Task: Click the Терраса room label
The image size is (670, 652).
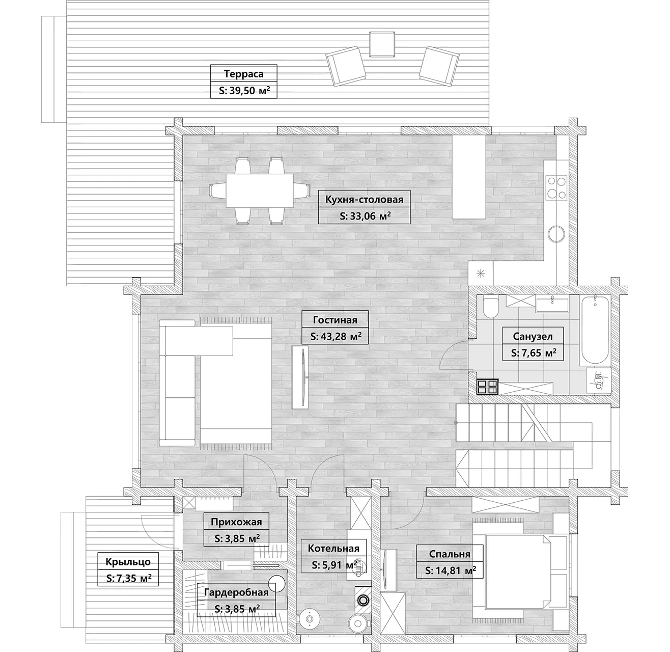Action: (x=243, y=74)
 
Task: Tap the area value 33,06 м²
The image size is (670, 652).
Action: (x=365, y=216)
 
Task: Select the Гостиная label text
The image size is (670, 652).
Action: (x=335, y=320)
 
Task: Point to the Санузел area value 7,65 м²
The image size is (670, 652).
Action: (x=534, y=352)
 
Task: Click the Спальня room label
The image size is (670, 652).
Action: (x=450, y=554)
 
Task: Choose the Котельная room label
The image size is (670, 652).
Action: (x=333, y=548)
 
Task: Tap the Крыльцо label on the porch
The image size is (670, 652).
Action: (x=128, y=562)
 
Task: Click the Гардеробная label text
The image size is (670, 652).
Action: (x=236, y=592)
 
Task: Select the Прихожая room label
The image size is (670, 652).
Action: (x=236, y=522)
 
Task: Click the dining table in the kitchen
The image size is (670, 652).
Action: (x=260, y=191)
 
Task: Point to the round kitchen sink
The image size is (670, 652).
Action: (x=556, y=234)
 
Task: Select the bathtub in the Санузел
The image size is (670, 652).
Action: (x=595, y=330)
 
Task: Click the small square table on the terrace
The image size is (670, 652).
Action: (x=382, y=44)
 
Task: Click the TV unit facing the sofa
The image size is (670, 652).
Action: (x=300, y=377)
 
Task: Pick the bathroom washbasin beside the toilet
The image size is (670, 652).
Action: (x=552, y=305)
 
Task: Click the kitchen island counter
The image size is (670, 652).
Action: (x=469, y=177)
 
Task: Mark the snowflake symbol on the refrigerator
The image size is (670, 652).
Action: (x=480, y=274)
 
